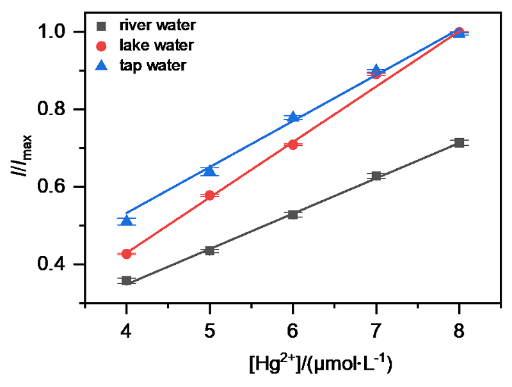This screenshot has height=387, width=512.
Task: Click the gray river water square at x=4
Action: tap(127, 281)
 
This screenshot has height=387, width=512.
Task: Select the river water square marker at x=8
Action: tap(459, 143)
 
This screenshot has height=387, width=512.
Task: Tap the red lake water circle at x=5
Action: tap(210, 196)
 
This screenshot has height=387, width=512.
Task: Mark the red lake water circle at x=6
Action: tap(293, 145)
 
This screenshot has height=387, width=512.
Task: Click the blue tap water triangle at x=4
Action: tap(127, 221)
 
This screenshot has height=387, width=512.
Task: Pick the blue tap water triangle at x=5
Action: tap(210, 170)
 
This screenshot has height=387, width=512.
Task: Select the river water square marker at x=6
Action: tap(293, 214)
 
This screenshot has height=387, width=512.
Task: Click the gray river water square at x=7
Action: tap(376, 176)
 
